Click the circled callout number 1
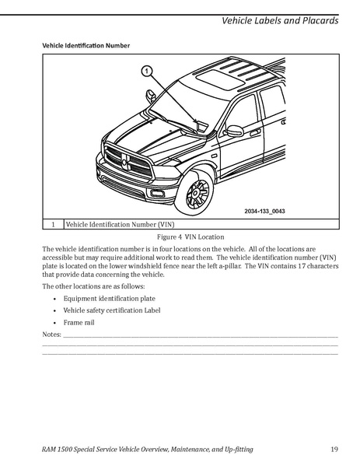(146, 72)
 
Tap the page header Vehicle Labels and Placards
(280, 20)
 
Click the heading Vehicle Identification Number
(86, 45)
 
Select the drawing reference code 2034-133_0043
(264, 211)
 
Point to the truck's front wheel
(194, 193)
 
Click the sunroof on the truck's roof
(220, 79)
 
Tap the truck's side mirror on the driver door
(234, 131)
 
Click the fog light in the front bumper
(157, 194)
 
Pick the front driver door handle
(255, 131)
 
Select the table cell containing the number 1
(53, 224)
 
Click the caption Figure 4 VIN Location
(190, 237)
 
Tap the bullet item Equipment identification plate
(110, 299)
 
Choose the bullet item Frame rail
(79, 322)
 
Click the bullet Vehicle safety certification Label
(112, 310)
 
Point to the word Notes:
(51, 335)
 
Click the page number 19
(334, 449)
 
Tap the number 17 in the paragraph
(302, 266)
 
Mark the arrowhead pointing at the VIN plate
(195, 121)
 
